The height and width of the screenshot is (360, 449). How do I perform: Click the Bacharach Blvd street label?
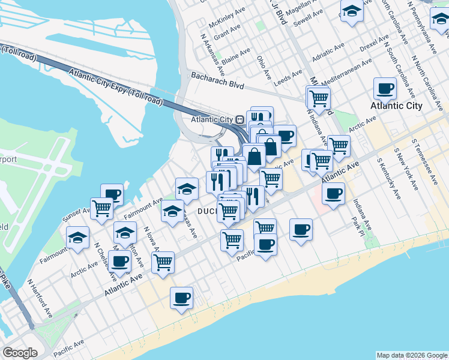[217, 80]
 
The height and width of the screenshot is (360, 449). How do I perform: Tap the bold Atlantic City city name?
[396, 106]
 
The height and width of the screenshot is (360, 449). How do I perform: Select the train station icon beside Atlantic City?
[240, 119]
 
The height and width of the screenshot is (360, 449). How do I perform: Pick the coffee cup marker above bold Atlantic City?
[385, 89]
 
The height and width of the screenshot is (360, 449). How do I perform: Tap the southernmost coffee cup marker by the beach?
[181, 298]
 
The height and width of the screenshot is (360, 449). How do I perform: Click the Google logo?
[20, 353]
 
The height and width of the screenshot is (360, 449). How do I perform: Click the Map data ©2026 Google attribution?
[411, 355]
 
